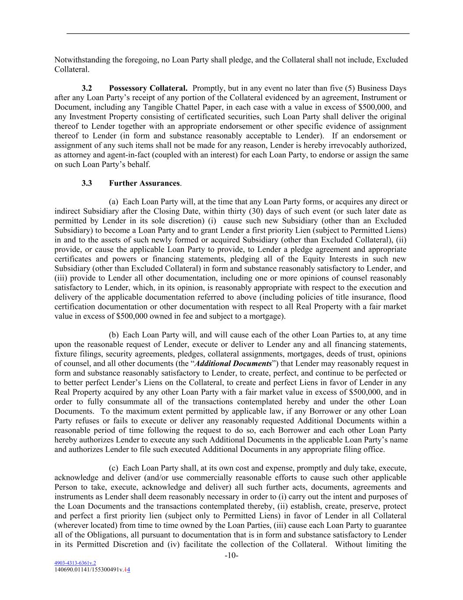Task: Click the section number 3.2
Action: tap(86, 88)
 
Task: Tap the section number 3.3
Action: tap(86, 183)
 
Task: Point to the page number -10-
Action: tap(231, 556)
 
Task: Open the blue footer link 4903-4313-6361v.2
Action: tap(75, 563)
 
